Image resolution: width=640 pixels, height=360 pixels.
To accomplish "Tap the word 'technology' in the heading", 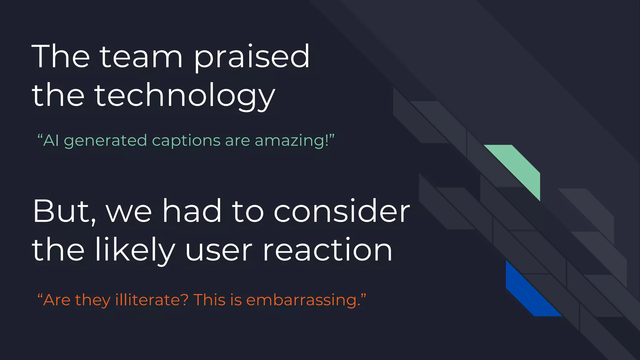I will click(184, 95).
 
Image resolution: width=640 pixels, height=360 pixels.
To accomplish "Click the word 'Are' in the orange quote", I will click(57, 300).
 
